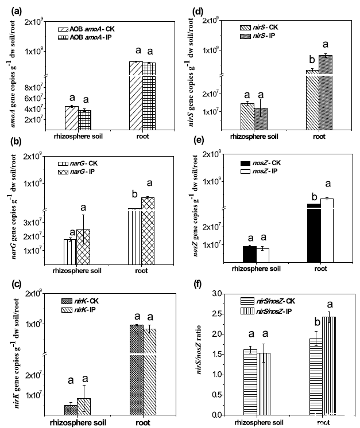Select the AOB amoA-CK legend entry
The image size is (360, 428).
pyautogui.click(x=86, y=29)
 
